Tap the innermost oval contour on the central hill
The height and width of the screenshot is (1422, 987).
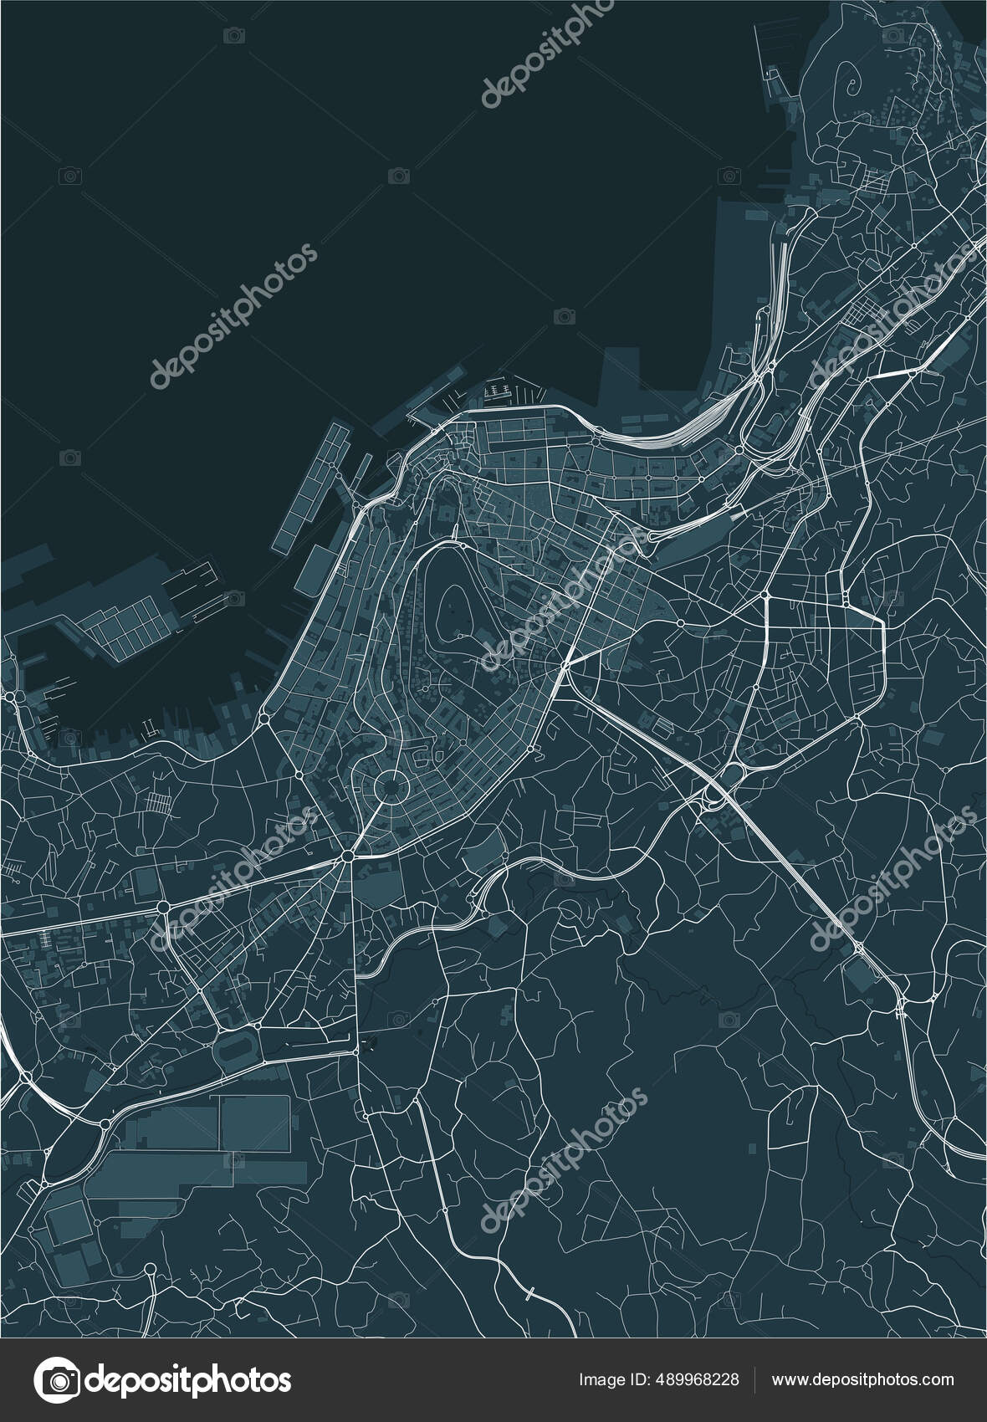(x=457, y=599)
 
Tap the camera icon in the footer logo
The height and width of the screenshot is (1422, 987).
(x=56, y=1379)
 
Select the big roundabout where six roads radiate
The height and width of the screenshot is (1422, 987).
(x=346, y=856)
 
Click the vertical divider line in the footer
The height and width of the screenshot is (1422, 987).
(x=756, y=1380)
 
